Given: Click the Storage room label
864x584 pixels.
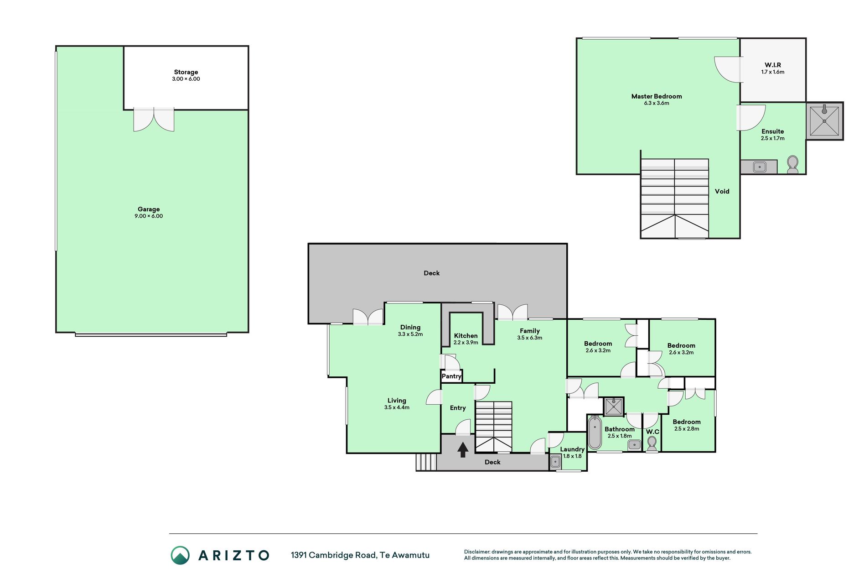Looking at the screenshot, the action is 186,72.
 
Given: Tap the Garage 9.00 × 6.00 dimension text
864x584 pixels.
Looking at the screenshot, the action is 149,216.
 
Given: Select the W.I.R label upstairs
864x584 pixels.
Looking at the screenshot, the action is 773,65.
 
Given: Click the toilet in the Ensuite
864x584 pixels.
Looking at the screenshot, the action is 793,165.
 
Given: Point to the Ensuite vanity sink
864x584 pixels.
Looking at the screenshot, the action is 760,167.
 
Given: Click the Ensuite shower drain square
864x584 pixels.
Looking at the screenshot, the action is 824,121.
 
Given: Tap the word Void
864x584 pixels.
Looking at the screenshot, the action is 722,192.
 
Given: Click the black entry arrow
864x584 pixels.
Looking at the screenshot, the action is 463,449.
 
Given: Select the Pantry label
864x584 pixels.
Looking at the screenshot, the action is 451,376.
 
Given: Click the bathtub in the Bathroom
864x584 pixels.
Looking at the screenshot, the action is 594,433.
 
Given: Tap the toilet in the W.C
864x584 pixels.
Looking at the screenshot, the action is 652,443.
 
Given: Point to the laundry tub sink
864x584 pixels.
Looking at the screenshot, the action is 555,462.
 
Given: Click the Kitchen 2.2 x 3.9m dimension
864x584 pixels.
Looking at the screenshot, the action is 466,343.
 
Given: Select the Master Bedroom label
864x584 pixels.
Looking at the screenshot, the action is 657,96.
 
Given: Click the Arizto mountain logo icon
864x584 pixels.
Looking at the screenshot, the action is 180,555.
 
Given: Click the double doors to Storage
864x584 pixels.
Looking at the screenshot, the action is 154,120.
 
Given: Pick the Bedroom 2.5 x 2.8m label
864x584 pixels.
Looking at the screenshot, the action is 687,425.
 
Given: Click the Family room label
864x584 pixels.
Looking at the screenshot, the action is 530,331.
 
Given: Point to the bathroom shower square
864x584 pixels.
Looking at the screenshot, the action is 614,407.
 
